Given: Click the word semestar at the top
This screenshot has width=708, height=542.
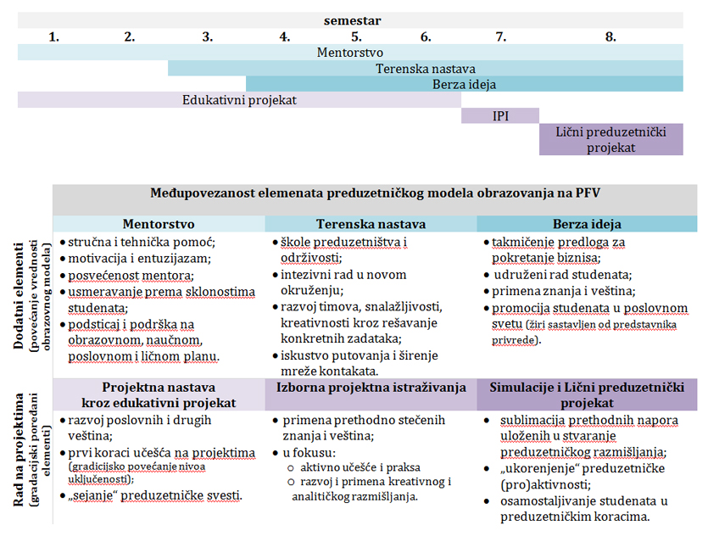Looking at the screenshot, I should (x=351, y=19).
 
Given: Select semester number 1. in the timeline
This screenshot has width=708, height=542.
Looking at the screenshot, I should (x=54, y=36).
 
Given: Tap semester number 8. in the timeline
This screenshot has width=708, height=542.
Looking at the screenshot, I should (x=610, y=36).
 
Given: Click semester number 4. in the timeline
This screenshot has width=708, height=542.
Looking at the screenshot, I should (x=284, y=36).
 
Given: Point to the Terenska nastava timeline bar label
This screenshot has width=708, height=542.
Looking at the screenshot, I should (x=426, y=68).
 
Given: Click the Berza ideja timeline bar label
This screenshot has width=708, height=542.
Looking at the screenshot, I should (x=464, y=84).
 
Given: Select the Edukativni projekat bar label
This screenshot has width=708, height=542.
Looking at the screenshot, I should (x=239, y=99).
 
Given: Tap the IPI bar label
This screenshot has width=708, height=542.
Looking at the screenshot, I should (x=500, y=115).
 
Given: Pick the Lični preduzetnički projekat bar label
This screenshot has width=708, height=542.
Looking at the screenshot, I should (x=611, y=139).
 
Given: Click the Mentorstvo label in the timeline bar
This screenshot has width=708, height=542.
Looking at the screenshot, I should (x=349, y=52).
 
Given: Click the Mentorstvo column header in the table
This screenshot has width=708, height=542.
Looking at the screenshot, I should (x=159, y=224).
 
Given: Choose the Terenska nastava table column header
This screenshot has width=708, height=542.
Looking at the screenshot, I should (x=371, y=224).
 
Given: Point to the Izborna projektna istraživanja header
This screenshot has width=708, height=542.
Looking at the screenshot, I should (x=371, y=388).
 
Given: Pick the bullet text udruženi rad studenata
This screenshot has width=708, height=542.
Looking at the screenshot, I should (x=563, y=275).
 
